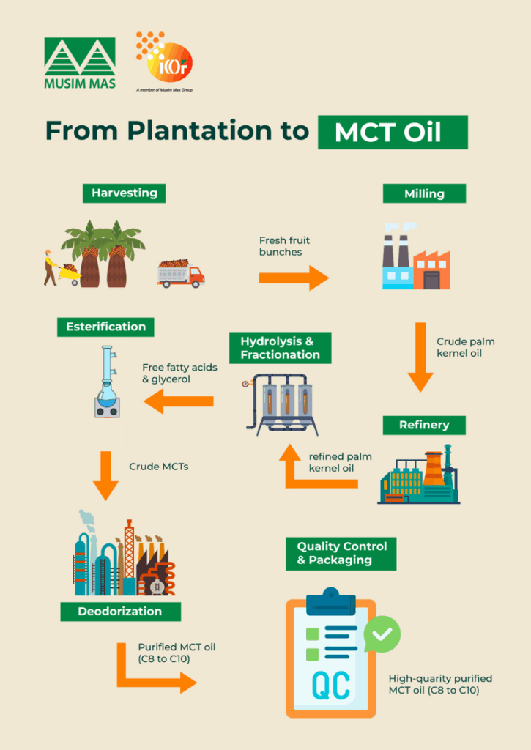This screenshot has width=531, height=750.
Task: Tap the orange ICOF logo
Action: click(x=165, y=59)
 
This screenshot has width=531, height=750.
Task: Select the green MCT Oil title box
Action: click(x=392, y=133)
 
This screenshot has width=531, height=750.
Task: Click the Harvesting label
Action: click(x=124, y=193)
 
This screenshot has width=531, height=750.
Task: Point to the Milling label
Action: click(x=424, y=194)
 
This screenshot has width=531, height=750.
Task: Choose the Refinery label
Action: click(x=423, y=425)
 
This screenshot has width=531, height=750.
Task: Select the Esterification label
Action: click(x=105, y=327)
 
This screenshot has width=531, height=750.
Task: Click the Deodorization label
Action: click(x=119, y=611)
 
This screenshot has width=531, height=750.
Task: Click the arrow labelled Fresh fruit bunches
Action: click(x=294, y=278)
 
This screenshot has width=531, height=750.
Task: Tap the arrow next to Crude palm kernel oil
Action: click(x=420, y=357)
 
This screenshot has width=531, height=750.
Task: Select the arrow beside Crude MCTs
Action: click(x=105, y=475)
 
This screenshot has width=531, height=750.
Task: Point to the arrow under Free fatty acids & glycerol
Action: click(x=179, y=401)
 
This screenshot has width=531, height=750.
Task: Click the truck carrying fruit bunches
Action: click(x=180, y=273)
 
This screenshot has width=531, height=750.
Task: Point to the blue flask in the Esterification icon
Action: click(x=106, y=393)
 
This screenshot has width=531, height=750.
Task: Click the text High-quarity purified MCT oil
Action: click(x=439, y=684)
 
